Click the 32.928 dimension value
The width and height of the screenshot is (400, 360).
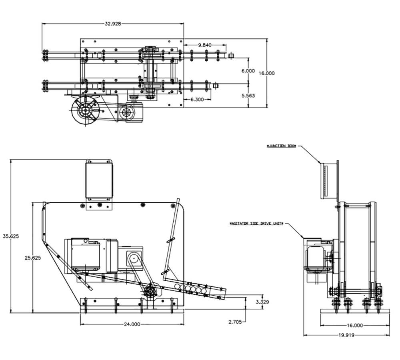pos(113,24)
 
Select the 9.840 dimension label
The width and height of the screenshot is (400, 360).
pos(205,45)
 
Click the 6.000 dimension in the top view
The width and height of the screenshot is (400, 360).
pos(248,70)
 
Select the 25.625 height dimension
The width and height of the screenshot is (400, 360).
pos(32,258)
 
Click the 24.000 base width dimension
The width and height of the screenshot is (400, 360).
pos(132,324)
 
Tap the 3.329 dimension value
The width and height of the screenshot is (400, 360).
pos(262,302)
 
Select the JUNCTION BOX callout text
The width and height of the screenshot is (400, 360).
pos(282,146)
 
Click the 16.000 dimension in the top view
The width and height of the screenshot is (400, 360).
pos(267,73)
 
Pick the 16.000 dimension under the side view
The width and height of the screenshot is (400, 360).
pos(355,325)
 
